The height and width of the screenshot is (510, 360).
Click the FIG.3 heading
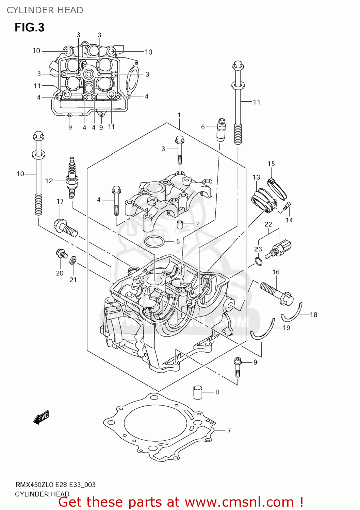pyautogui.click(x=29, y=28)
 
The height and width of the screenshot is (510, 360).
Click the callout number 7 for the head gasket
pyautogui.click(x=229, y=430)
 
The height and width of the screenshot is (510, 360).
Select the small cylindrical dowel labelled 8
pyautogui.click(x=198, y=392)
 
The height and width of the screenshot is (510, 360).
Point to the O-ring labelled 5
pyautogui.click(x=154, y=241)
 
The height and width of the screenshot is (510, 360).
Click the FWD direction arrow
pyautogui.click(x=41, y=417)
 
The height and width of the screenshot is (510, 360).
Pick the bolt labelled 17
pyautogui.click(x=66, y=228)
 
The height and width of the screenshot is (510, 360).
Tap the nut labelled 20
pyautogui.click(x=62, y=254)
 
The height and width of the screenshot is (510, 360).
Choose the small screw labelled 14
pyautogui.click(x=287, y=205)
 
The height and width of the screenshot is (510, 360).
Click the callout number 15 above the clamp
pyautogui.click(x=271, y=164)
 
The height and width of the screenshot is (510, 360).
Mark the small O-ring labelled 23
pyautogui.click(x=259, y=261)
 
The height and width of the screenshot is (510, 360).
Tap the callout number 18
pyautogui.click(x=313, y=315)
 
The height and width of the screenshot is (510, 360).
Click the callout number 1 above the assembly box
pyautogui.click(x=179, y=115)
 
